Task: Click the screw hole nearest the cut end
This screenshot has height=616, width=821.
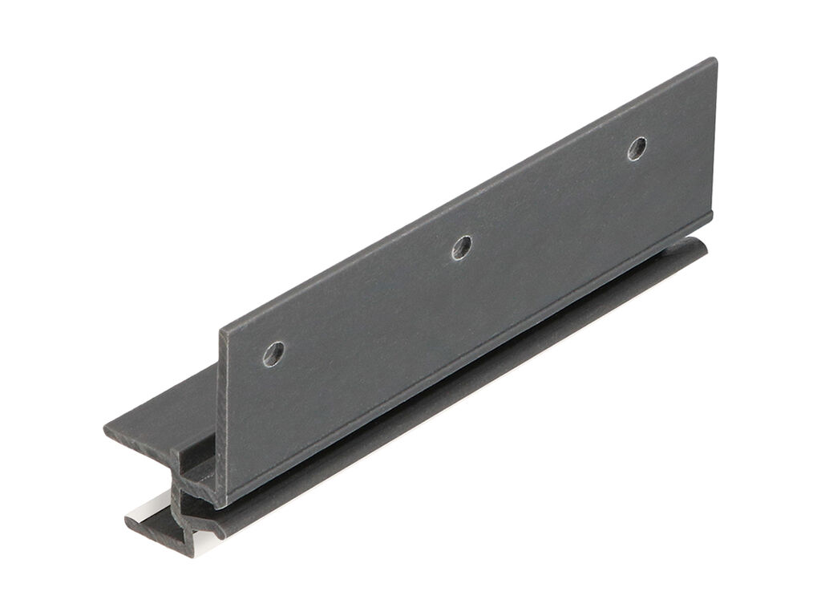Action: point(274,353)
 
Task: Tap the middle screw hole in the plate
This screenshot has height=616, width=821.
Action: point(461,247)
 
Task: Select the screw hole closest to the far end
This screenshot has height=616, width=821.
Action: point(637,148)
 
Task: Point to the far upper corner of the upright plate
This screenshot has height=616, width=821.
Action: point(712,60)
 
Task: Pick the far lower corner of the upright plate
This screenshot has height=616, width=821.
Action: point(710,214)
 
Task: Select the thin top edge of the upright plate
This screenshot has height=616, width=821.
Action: point(465,192)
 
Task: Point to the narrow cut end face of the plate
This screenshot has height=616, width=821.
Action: point(222,417)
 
